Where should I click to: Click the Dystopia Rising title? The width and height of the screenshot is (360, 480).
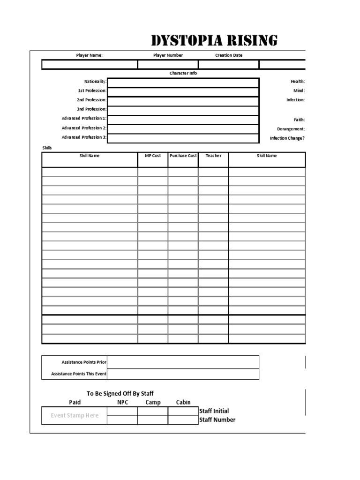[214, 41]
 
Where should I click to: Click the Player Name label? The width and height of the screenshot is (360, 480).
[89, 55]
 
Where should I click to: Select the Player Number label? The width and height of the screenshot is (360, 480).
[168, 55]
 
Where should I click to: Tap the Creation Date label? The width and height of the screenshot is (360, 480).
[229, 55]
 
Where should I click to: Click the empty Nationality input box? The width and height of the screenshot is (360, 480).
[183, 82]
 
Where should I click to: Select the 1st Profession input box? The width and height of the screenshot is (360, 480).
[183, 92]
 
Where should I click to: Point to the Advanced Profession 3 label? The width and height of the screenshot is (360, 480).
[84, 137]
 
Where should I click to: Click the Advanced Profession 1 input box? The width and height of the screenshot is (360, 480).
[183, 120]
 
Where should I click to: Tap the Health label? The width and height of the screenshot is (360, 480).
[298, 82]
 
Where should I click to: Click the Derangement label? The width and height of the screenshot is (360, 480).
[291, 129]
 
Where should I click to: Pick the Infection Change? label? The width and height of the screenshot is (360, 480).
[287, 138]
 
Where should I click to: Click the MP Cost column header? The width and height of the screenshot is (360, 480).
[152, 156]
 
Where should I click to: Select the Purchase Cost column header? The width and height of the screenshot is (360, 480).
[183, 156]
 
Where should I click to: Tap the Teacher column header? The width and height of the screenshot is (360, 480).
[213, 156]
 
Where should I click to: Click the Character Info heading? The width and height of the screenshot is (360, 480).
[183, 74]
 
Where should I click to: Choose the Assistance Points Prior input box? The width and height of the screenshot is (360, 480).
[183, 362]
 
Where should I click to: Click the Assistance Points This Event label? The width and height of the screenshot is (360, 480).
[79, 374]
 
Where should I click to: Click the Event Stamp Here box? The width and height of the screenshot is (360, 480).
[75, 416]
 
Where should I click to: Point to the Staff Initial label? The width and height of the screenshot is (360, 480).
[214, 411]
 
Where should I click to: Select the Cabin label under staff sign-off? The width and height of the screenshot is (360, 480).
[183, 402]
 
